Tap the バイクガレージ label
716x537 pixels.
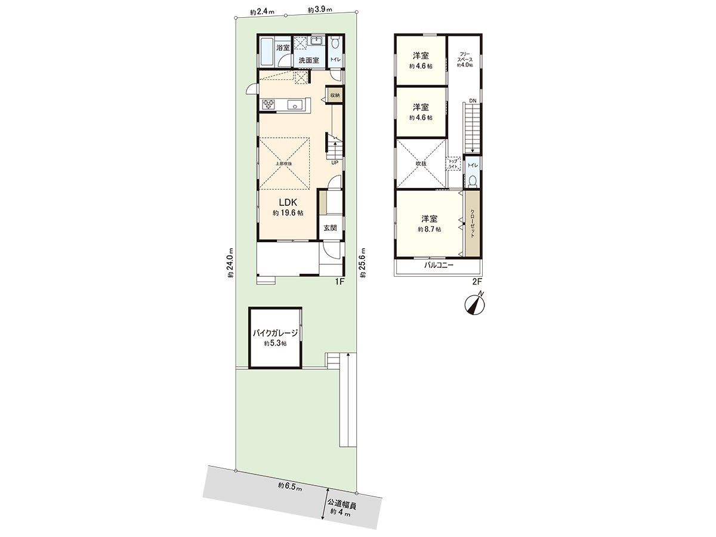[274, 334]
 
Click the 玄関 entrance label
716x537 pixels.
[330, 228]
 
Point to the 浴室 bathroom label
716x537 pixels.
[283, 48]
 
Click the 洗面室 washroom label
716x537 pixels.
[308, 60]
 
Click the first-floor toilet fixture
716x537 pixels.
[336, 44]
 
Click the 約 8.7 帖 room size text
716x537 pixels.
[429, 229]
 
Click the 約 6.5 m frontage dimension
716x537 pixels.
[290, 486]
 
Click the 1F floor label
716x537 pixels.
[339, 282]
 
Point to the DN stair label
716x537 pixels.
[472, 100]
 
